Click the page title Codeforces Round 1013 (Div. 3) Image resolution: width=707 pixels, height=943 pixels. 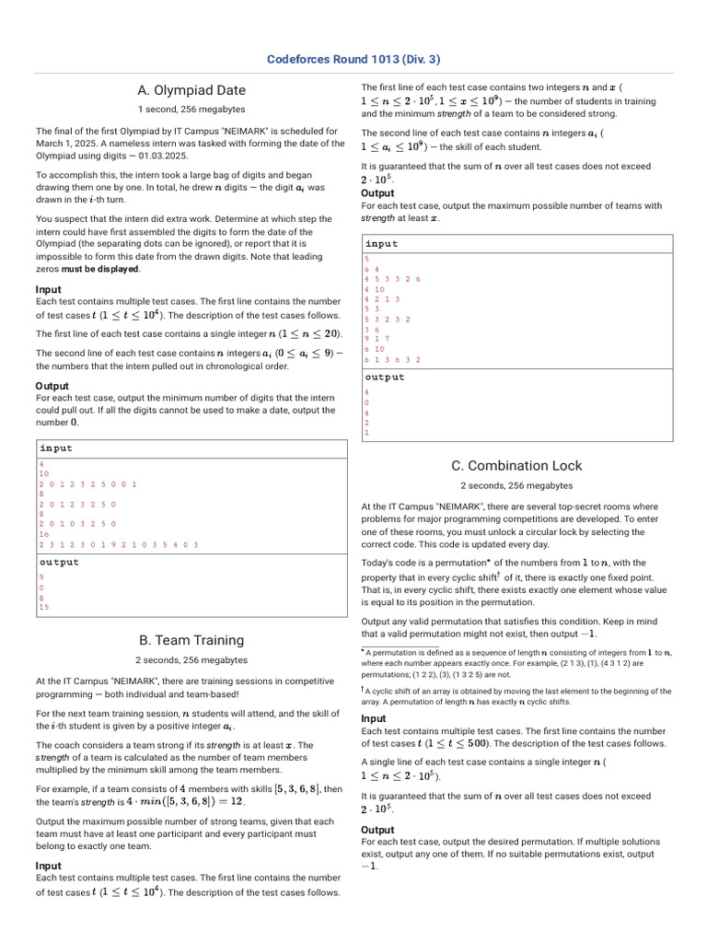point(353,60)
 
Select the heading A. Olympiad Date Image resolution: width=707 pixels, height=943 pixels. point(191,90)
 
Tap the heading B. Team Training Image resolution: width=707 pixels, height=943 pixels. point(191,640)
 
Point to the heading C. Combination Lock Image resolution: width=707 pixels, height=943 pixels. point(516,466)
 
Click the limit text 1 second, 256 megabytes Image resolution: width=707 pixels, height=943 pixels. point(191,109)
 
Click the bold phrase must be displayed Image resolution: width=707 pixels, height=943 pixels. point(101,269)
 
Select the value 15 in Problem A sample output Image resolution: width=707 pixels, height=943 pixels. point(44,607)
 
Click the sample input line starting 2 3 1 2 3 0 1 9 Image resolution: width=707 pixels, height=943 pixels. point(119,544)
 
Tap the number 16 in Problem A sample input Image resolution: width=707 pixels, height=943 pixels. point(44,534)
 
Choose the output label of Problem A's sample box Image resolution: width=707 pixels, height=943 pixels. point(59,562)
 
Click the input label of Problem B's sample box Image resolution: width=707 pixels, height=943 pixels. point(382,244)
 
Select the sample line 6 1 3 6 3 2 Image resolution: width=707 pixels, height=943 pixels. point(393,360)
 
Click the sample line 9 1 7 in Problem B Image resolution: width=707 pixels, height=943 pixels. point(377,339)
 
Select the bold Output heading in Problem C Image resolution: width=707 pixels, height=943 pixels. point(377,830)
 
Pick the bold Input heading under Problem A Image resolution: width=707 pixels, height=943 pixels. point(48,289)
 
